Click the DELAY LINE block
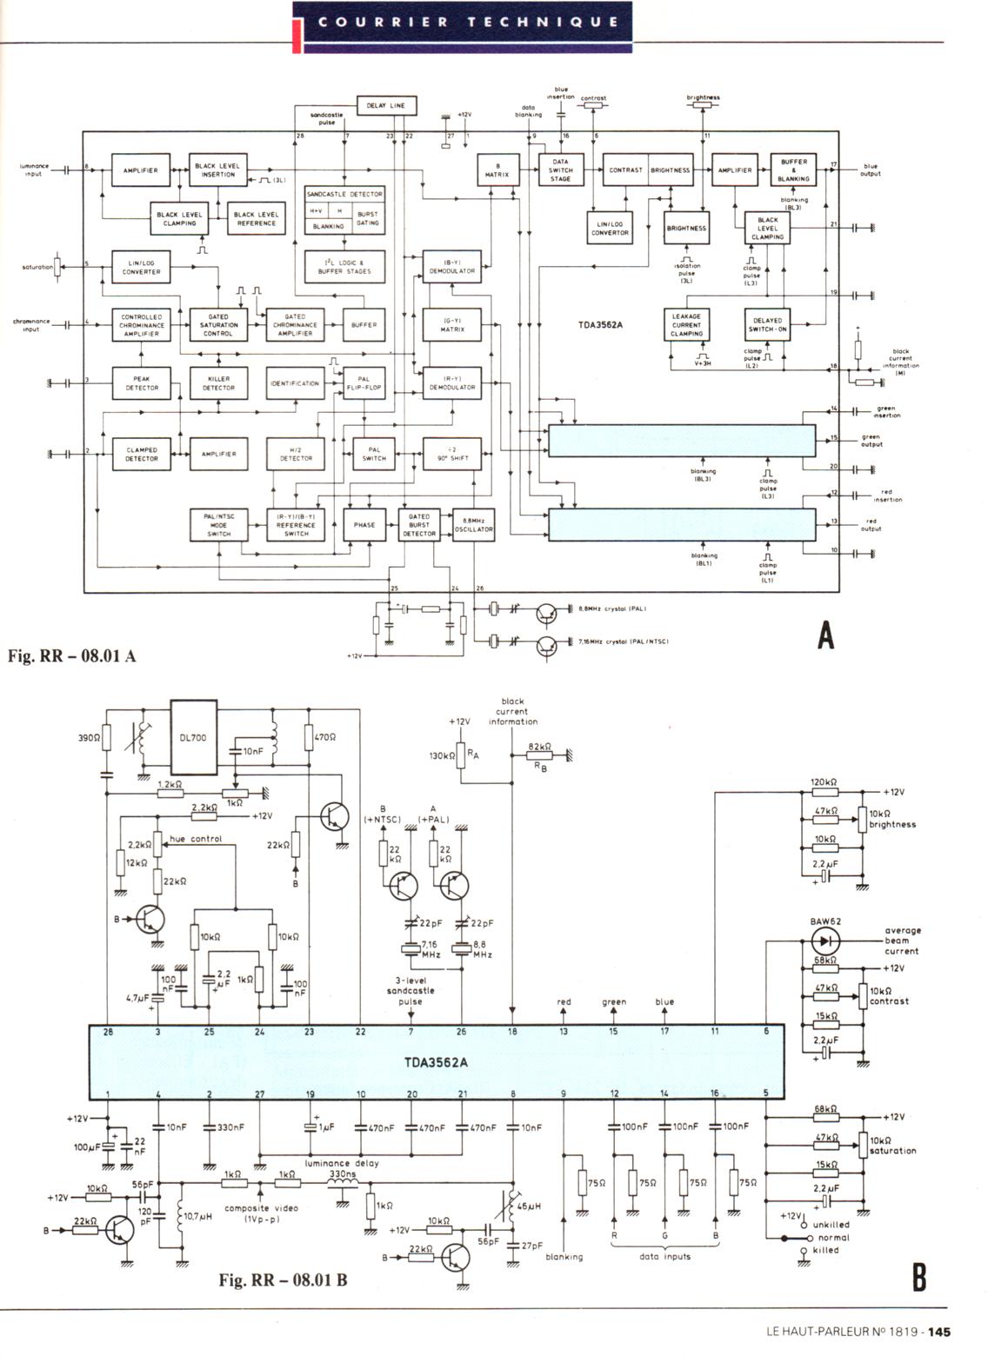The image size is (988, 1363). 386,105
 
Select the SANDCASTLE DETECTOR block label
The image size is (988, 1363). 344,195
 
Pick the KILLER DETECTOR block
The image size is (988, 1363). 218,383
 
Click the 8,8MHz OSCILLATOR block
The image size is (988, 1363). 474,525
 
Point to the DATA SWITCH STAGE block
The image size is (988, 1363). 560,170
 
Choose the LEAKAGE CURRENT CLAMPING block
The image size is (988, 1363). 686,325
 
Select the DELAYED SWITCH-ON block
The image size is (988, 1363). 767,325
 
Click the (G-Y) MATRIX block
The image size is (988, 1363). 452,326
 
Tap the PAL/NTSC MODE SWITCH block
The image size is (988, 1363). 218,525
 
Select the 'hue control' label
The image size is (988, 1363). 196,839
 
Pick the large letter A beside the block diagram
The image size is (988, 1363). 825,636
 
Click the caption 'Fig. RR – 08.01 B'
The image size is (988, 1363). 283,1280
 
